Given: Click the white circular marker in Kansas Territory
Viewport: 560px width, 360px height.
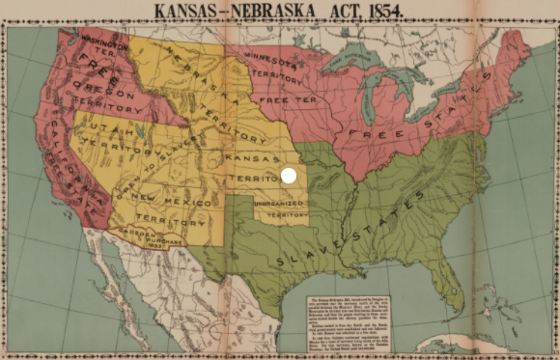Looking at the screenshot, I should pyautogui.click(x=288, y=175).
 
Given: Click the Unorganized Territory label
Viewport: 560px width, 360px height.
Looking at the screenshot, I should pyautogui.click(x=280, y=209).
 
